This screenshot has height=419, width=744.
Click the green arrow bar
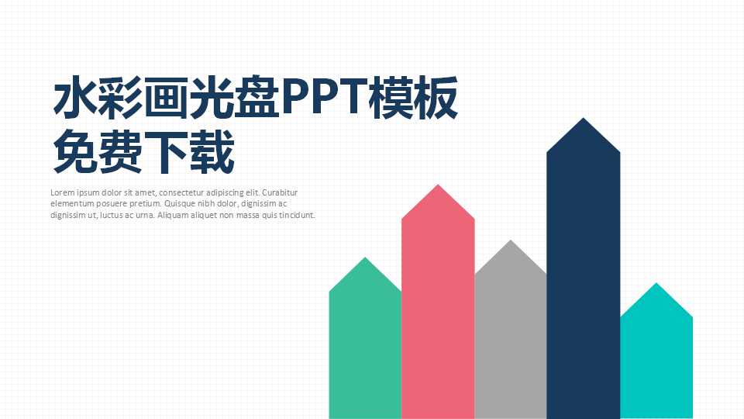[x=365, y=349]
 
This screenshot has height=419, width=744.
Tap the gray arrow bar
[x=510, y=341]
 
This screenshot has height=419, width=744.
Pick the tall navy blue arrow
[x=583, y=287]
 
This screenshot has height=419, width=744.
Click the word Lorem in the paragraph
[x=62, y=192]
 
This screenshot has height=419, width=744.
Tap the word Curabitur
[x=281, y=192]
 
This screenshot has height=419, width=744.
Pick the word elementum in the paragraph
[x=71, y=204]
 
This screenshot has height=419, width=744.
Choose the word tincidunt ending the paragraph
[x=297, y=216]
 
